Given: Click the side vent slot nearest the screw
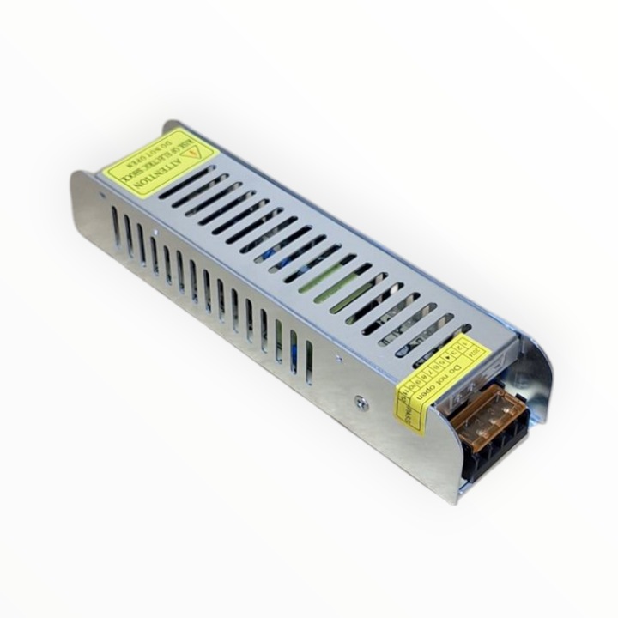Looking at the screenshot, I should pos(308,361).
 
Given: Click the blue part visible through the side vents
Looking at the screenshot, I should pos(293,348).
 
